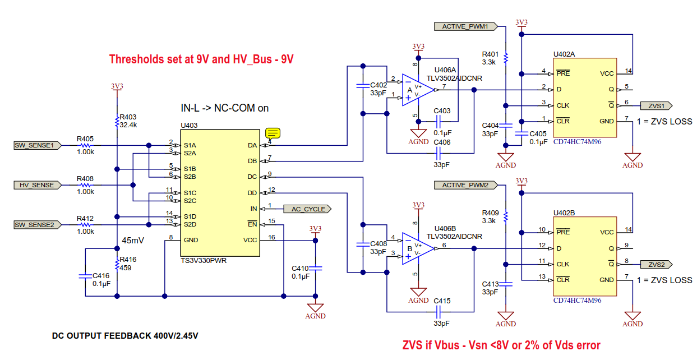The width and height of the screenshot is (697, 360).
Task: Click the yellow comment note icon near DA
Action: coord(273,133)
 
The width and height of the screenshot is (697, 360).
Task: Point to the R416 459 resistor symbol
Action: coord(117,264)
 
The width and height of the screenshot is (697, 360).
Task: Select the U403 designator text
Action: coord(190,125)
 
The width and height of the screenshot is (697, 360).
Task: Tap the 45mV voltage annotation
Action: coord(134,241)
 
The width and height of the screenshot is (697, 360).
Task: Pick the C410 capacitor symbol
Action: coord(315,268)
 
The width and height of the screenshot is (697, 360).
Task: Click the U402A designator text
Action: coord(564,54)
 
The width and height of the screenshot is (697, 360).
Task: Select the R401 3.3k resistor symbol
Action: coord(506,58)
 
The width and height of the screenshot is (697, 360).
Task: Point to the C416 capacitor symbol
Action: coord(84,276)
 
